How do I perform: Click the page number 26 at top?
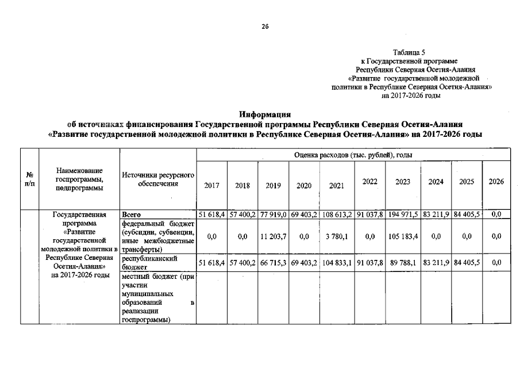point(265,26)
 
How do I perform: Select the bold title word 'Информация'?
point(265,114)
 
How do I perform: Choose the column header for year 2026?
point(496,182)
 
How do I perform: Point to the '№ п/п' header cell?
point(29,178)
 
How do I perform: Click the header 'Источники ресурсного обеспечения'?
point(158,179)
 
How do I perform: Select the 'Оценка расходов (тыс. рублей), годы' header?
point(353,154)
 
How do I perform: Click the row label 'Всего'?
point(132,214)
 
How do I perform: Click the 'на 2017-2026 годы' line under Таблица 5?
point(411,96)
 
